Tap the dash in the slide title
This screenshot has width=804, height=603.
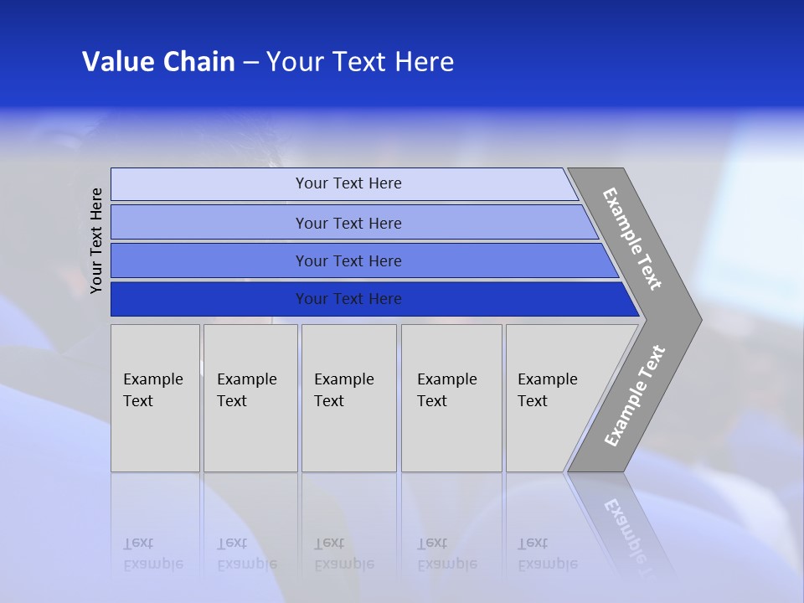point(250,63)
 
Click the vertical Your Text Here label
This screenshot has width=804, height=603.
point(96,241)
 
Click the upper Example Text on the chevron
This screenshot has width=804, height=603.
point(632,239)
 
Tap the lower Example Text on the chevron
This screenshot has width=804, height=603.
point(634,395)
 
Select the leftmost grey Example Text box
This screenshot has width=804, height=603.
point(155,398)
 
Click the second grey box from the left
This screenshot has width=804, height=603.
point(250,398)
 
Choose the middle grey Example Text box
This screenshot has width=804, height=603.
point(348,398)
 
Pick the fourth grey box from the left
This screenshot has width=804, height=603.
point(451,398)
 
